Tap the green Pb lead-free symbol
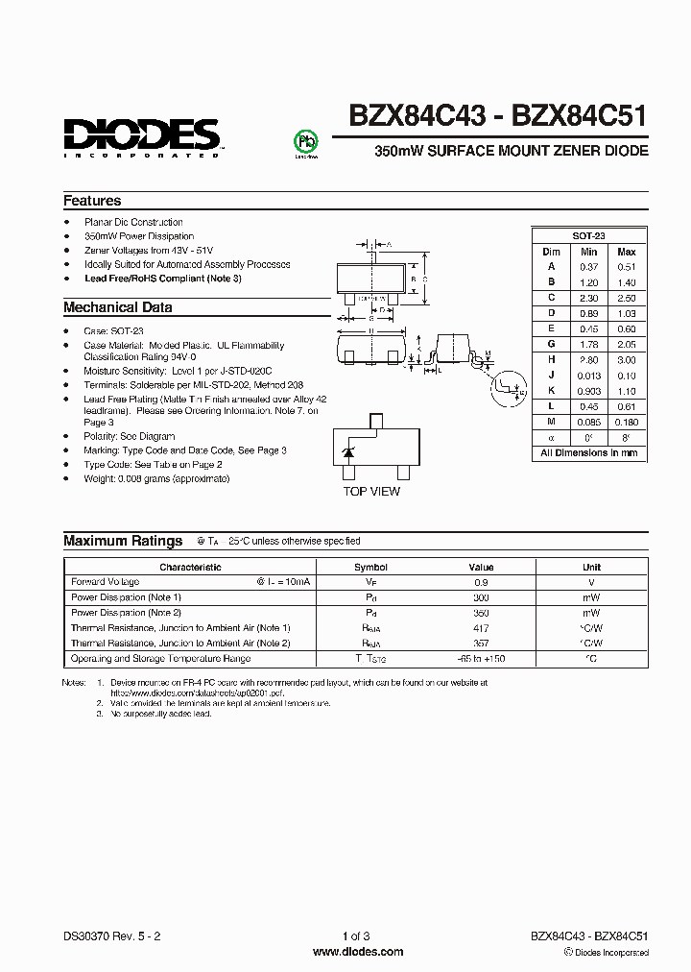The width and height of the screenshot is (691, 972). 304,141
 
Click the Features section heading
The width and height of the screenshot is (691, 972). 92,201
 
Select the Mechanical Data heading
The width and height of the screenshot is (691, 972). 117,307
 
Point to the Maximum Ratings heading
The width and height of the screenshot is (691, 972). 123,541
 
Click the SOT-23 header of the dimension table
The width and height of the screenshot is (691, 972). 588,235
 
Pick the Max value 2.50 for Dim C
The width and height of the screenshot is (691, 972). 627,298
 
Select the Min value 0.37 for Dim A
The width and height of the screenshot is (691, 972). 588,266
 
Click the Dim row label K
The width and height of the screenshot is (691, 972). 552,391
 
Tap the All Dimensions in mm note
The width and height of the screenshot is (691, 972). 588,452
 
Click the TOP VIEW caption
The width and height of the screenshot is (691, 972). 372,491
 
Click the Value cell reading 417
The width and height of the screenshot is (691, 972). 481,628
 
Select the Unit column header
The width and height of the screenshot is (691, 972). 591,567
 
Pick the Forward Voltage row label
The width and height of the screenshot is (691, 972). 106,582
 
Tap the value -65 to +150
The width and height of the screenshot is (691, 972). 481,659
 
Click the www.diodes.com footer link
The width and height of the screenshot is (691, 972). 345,951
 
